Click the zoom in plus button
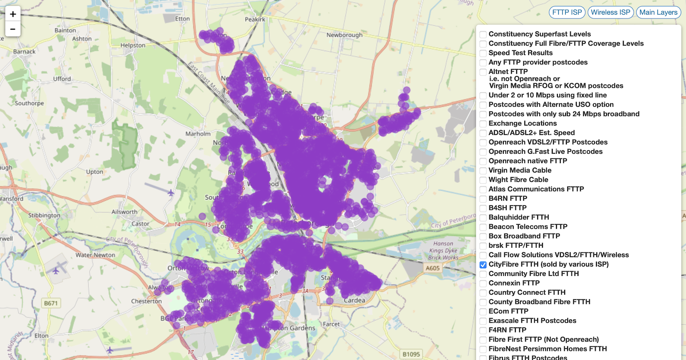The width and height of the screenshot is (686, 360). coord(13,14)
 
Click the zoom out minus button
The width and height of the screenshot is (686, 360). coord(13,29)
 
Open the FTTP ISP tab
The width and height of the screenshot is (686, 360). coord(567,12)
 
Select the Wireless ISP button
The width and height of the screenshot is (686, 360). coord(611,12)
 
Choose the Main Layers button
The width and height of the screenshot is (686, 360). coord(658,12)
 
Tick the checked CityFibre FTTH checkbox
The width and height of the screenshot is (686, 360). coord(483,265)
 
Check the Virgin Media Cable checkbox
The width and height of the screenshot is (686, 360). coord(483,171)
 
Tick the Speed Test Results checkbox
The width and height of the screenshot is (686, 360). coord(483,53)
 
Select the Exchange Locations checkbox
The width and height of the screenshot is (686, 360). coord(483,123)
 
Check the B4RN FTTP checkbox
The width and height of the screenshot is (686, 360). coord(483,199)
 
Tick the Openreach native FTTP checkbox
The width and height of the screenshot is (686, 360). coord(483,161)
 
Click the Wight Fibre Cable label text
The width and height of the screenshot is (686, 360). coord(518,180)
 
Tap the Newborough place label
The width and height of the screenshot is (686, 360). coord(344,35)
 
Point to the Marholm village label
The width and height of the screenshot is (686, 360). coord(198,134)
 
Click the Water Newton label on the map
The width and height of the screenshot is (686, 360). coord(95,255)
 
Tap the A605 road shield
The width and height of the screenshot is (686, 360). coord(433,268)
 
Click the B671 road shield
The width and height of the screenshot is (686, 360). coord(51,303)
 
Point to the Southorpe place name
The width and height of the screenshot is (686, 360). coord(29,103)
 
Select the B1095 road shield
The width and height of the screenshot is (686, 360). coord(411,354)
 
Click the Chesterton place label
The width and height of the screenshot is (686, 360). coord(146,301)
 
